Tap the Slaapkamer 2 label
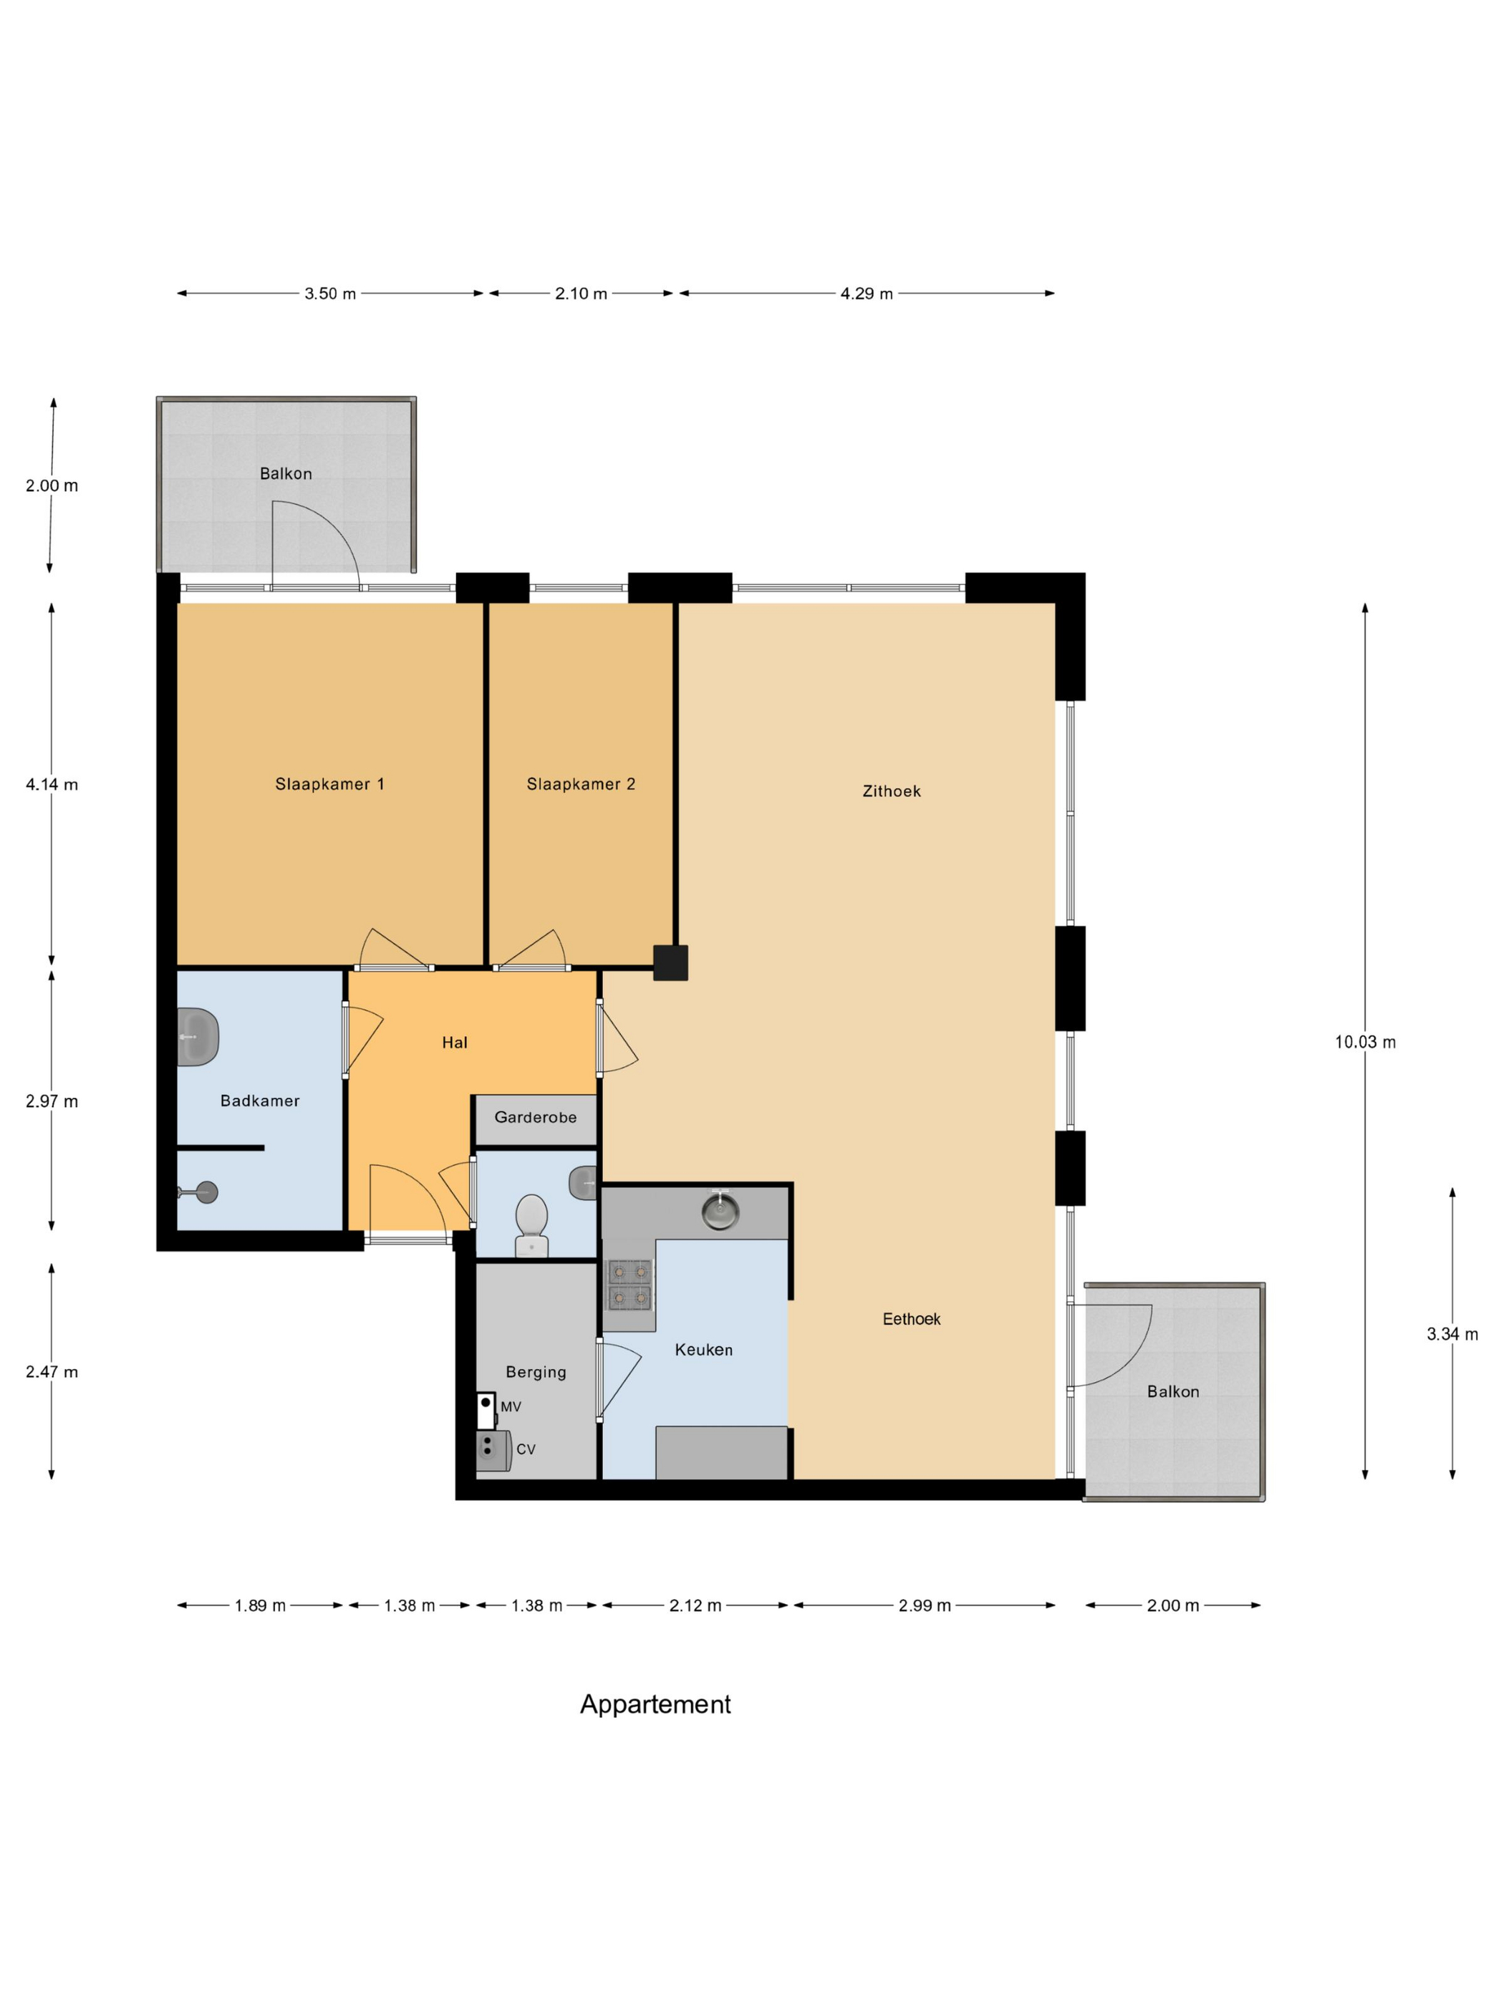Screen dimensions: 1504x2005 click(580, 784)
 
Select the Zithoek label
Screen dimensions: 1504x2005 click(891, 791)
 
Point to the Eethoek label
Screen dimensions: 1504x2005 click(911, 1319)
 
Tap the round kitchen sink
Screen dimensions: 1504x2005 click(720, 1211)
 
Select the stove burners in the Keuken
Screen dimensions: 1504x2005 click(628, 1285)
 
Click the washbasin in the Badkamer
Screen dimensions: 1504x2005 click(198, 1037)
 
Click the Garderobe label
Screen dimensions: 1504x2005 click(535, 1118)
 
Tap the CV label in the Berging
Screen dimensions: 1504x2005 click(526, 1449)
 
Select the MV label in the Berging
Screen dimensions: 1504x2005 click(511, 1407)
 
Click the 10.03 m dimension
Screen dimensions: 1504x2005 click(1364, 1043)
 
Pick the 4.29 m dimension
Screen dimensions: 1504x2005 click(867, 294)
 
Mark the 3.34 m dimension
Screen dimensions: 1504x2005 click(1452, 1334)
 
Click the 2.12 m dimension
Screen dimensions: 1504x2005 click(695, 1606)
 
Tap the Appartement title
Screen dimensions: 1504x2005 click(655, 1705)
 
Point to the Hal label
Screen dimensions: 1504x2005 click(454, 1043)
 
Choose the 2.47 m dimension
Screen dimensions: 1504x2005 click(52, 1372)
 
